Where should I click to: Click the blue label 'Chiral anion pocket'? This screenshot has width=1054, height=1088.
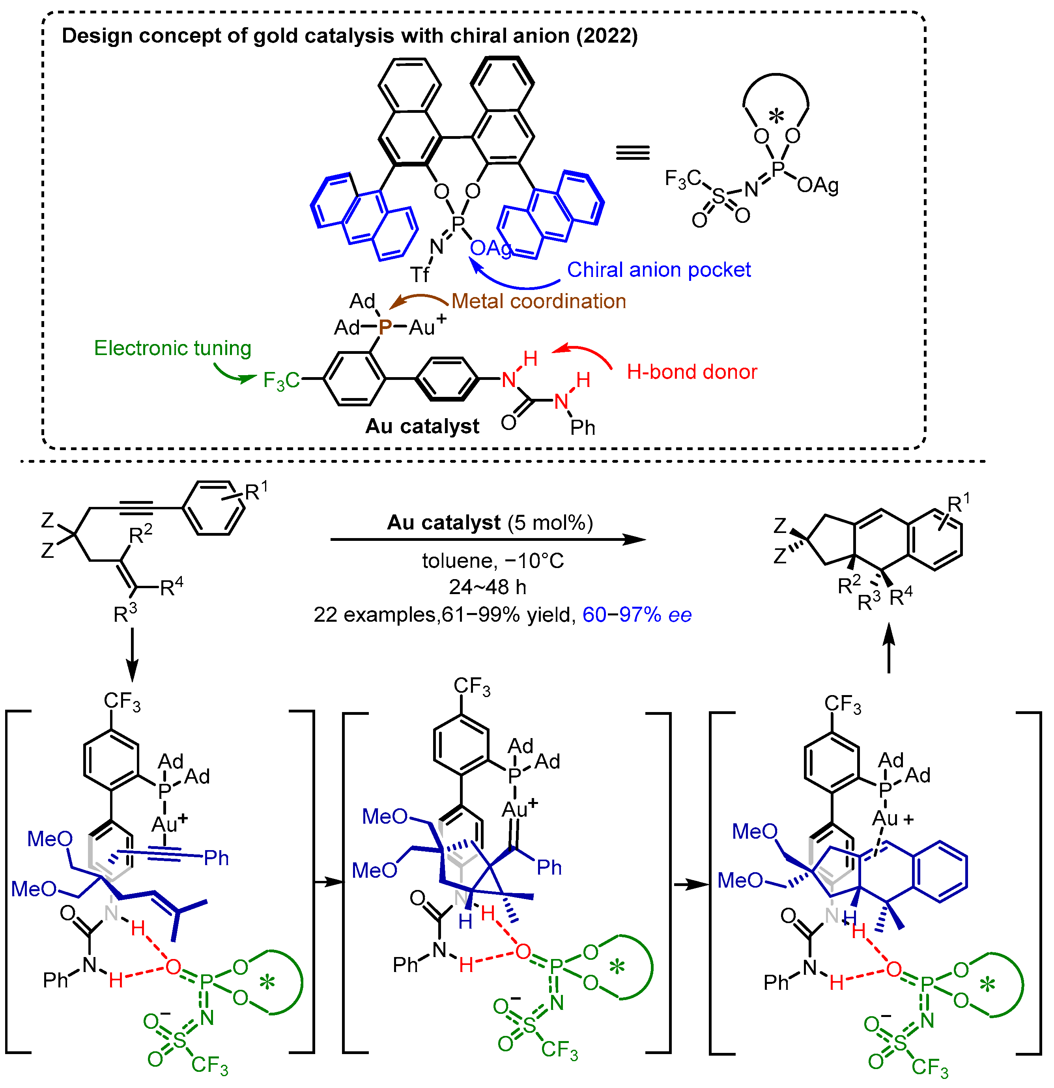[658, 270]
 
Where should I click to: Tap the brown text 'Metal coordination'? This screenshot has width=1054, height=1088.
[538, 301]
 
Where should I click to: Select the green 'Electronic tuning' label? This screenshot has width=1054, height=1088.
[173, 348]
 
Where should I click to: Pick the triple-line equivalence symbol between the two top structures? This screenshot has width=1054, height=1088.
[632, 153]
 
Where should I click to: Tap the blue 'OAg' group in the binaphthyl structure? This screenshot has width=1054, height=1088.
[490, 248]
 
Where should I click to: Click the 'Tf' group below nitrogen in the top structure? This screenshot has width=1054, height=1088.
[420, 274]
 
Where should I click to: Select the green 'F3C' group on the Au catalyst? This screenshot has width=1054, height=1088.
[281, 381]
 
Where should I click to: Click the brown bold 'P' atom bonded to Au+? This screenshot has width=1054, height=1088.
[385, 327]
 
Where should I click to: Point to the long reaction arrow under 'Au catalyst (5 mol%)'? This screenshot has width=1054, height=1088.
[488, 539]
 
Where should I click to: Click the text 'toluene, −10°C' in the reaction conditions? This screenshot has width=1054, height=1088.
[493, 561]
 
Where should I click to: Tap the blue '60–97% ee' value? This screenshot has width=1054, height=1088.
[637, 615]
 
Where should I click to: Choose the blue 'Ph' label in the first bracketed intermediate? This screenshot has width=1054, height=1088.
[216, 858]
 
